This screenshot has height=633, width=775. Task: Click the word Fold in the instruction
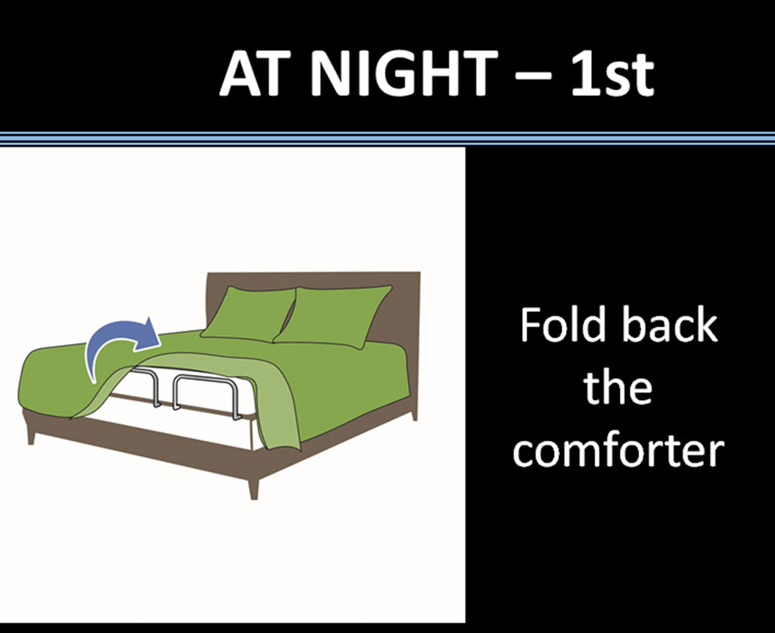pyautogui.click(x=562, y=325)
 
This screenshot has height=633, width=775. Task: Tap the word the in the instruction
pyautogui.click(x=618, y=389)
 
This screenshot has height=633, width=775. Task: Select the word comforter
pyautogui.click(x=618, y=451)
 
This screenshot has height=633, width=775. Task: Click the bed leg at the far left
pyautogui.click(x=31, y=433)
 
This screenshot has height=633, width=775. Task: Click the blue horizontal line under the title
pyautogui.click(x=387, y=138)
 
